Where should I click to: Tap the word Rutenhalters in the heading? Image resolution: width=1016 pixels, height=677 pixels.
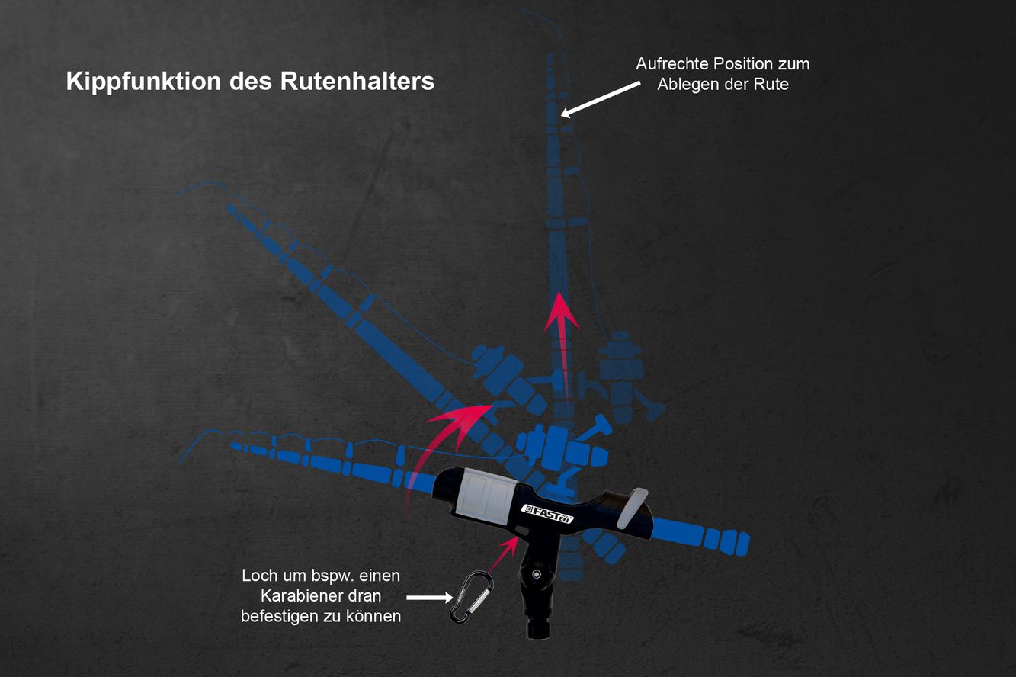[357, 82]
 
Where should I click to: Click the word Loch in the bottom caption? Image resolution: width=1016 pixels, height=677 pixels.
[259, 576]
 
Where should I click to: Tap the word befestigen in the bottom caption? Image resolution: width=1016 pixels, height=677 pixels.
[280, 617]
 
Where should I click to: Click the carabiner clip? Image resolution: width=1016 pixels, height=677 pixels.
[471, 597]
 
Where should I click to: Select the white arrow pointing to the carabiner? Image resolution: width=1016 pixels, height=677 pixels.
[429, 598]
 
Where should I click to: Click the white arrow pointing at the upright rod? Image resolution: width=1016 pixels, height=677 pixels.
[600, 99]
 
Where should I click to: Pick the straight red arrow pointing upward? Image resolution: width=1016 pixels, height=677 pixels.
[562, 345]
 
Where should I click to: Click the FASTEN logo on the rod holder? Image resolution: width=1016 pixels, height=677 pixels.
[547, 514]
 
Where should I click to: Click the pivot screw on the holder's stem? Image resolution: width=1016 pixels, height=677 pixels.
[537, 574]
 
